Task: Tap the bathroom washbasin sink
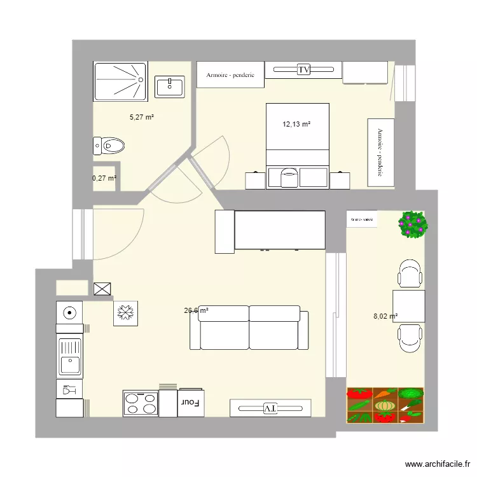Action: click(x=170, y=86)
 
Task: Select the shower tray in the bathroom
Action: click(x=120, y=81)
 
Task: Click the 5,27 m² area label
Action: click(x=142, y=117)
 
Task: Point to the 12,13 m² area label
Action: click(x=296, y=125)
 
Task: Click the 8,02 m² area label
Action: click(x=385, y=315)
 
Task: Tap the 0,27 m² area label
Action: click(x=104, y=178)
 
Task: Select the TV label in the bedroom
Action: click(x=303, y=69)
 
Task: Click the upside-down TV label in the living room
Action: click(x=270, y=408)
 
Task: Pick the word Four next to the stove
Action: click(x=190, y=402)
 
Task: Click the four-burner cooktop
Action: click(x=141, y=403)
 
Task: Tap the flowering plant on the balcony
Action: click(x=413, y=225)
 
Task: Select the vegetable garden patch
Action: click(x=385, y=405)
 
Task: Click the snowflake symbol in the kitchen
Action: click(x=125, y=313)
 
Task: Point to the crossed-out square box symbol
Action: click(x=102, y=290)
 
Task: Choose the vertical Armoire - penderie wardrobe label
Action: click(x=380, y=153)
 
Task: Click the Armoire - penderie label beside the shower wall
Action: click(x=230, y=75)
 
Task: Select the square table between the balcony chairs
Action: click(x=408, y=306)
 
